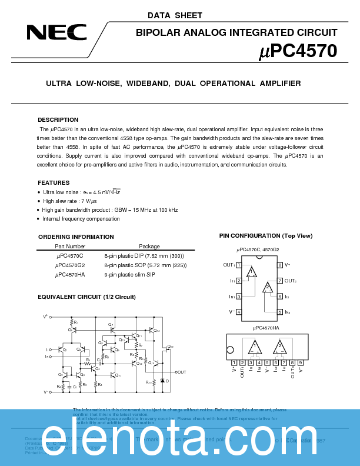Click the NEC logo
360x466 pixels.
[56, 33]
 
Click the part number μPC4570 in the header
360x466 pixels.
[298, 51]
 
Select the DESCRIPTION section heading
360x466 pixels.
[58, 119]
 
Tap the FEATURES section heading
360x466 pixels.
[54, 183]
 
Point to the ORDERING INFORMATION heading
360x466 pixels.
[76, 237]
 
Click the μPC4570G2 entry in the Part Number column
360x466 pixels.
[70, 265]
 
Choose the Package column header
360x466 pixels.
[149, 247]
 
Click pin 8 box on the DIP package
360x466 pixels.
[280, 265]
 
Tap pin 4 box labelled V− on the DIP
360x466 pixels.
[239, 311]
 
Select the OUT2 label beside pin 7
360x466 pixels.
[291, 281]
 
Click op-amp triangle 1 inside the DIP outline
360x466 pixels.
[252, 272]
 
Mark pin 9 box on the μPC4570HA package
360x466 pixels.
[301, 362]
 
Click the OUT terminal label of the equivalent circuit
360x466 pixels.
[181, 372]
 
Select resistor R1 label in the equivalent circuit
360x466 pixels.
[76, 322]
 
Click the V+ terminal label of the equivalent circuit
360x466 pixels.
[45, 317]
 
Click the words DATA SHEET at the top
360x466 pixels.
[175, 16]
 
